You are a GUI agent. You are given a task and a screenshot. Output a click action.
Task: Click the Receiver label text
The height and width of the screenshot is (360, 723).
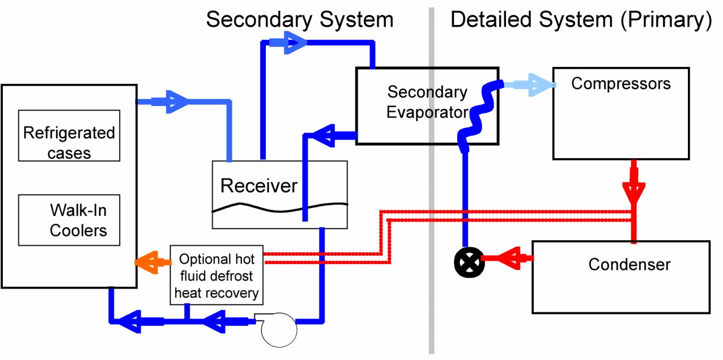pos(259,186)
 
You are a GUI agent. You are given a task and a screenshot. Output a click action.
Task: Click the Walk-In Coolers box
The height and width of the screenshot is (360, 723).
pos(69,220)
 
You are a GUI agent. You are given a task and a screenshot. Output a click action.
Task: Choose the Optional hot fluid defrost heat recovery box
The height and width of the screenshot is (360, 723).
pos(216,276)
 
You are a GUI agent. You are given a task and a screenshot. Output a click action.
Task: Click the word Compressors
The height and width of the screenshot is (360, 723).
pos(620,84)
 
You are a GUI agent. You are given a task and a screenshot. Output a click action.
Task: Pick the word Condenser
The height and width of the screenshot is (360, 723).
pos(629,264)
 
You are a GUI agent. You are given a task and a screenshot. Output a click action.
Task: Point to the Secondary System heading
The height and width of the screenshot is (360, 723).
pos(299,20)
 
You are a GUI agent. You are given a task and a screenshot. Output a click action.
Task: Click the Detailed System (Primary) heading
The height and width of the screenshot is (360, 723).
pos(580,20)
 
